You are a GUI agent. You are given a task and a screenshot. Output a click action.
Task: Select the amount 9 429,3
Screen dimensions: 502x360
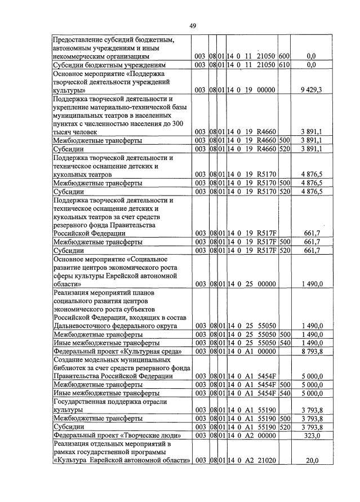pyautogui.click(x=312, y=90)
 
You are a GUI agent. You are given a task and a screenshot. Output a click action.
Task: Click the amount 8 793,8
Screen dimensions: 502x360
pyautogui.click(x=312, y=351)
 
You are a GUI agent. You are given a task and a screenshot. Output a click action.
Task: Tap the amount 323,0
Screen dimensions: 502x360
pyautogui.click(x=312, y=436)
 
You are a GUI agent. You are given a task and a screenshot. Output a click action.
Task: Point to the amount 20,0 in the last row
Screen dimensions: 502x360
pyautogui.click(x=312, y=460)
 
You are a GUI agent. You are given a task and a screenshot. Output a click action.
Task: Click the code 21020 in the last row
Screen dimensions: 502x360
pyautogui.click(x=264, y=460)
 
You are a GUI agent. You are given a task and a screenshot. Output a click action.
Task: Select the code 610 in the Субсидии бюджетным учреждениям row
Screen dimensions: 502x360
pyautogui.click(x=285, y=65)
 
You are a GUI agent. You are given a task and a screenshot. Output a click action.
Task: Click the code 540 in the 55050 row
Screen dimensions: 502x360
pyautogui.click(x=285, y=343)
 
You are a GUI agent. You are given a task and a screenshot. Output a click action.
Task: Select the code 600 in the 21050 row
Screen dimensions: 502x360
pyautogui.click(x=285, y=56)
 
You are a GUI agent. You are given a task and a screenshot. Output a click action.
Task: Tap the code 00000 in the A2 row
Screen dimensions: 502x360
pyautogui.click(x=264, y=436)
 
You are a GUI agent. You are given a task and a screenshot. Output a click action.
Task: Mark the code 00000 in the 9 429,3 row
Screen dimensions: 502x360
pyautogui.click(x=264, y=90)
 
